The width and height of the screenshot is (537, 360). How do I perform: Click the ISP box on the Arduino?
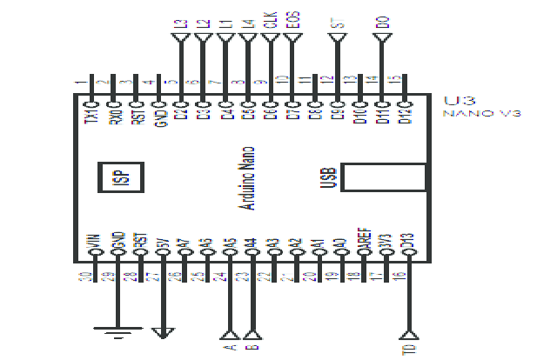(119, 178)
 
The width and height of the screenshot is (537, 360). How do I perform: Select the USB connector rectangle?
(383, 177)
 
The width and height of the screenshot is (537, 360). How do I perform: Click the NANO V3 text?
(481, 114)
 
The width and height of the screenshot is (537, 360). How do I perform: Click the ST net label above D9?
(337, 22)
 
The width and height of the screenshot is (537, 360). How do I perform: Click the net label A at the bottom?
(230, 347)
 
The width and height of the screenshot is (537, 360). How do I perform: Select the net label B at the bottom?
(252, 347)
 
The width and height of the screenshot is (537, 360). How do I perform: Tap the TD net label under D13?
(409, 349)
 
